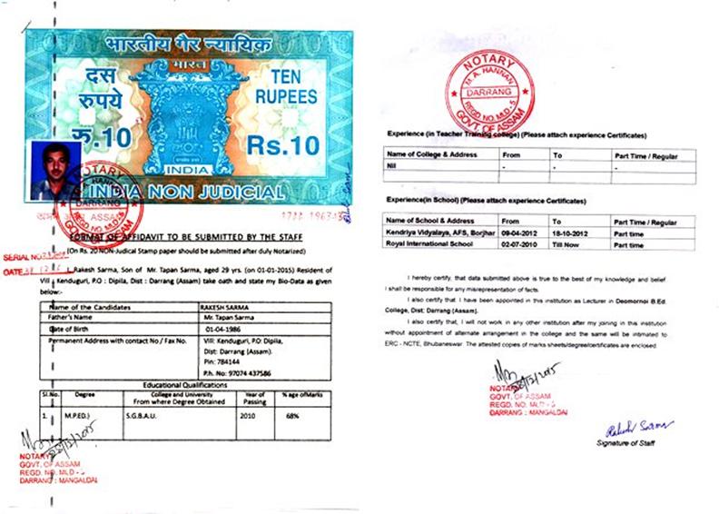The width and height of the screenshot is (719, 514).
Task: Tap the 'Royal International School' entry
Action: [x=427, y=243]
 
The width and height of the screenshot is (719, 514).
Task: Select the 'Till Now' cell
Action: [x=566, y=243]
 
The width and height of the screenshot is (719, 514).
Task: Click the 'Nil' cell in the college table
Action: [x=393, y=166]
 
